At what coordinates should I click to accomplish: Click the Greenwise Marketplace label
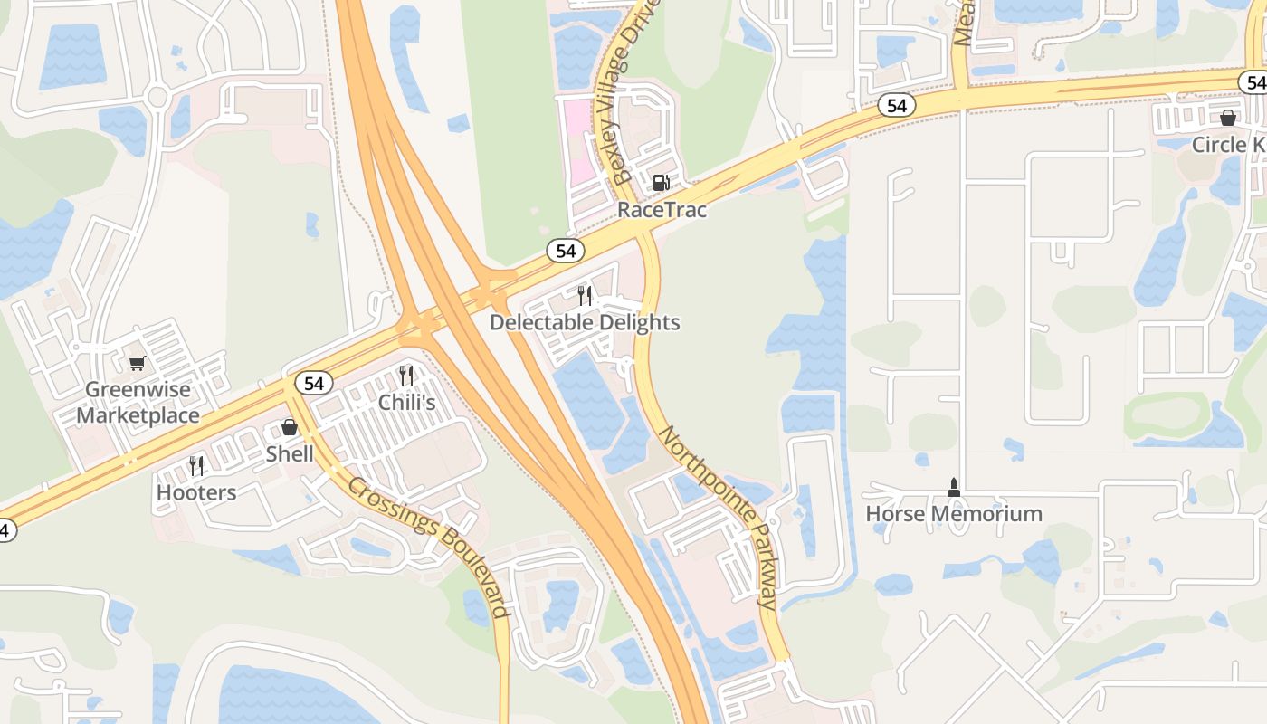click(x=138, y=403)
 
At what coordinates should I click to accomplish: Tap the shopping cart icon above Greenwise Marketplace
click(x=137, y=363)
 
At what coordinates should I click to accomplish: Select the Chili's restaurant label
click(x=406, y=402)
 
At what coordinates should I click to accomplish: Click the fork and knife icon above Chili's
click(x=406, y=375)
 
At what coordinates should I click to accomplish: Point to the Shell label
click(x=290, y=453)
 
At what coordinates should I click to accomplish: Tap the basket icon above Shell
click(x=290, y=427)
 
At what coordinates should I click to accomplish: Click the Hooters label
click(x=196, y=492)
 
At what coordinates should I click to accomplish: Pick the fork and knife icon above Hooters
click(x=196, y=466)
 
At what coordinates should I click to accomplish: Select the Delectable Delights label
click(x=585, y=322)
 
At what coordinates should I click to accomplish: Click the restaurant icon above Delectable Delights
click(x=585, y=295)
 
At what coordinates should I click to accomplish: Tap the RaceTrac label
click(x=662, y=209)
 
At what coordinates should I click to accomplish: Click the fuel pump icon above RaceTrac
click(x=662, y=183)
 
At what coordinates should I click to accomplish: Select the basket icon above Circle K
click(x=1228, y=118)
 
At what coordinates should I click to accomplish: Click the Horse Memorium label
click(x=954, y=514)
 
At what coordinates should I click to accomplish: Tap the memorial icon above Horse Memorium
click(x=953, y=488)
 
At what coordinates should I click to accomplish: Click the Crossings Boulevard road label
click(x=429, y=546)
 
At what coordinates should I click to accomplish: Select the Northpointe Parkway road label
click(x=718, y=518)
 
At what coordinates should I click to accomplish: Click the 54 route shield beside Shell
click(x=313, y=384)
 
